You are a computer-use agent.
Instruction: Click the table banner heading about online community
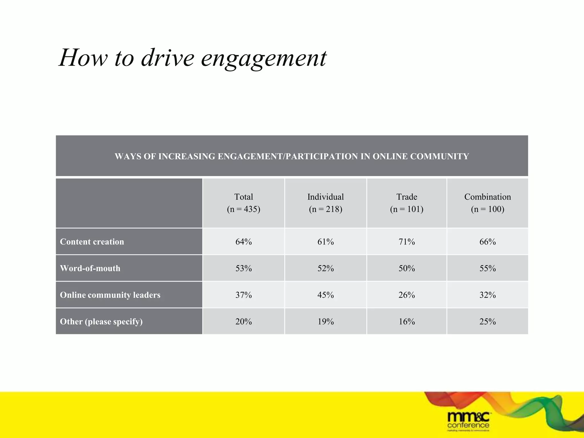point(292,156)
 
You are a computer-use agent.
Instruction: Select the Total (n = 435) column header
point(244,203)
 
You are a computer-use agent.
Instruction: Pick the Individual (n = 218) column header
point(325,203)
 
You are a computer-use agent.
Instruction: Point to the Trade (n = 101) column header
point(407,203)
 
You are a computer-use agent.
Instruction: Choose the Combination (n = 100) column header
point(487,203)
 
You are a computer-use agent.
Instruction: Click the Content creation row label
point(92,242)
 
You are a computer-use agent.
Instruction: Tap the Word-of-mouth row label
point(90,268)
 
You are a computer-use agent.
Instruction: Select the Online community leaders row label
point(110,295)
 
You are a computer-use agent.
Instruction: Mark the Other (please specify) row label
point(101,321)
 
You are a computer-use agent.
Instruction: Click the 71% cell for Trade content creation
point(407,242)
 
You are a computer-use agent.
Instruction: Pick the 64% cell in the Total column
point(244,242)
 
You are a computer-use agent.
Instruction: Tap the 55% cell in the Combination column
point(487,268)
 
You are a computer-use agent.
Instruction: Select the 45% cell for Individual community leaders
point(325,295)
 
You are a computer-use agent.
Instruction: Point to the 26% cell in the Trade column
point(407,295)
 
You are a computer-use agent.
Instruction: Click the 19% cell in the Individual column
point(325,321)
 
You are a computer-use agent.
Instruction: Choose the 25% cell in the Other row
point(487,321)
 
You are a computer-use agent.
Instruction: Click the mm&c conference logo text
point(468,421)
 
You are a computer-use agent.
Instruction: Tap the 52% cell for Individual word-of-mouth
point(325,268)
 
